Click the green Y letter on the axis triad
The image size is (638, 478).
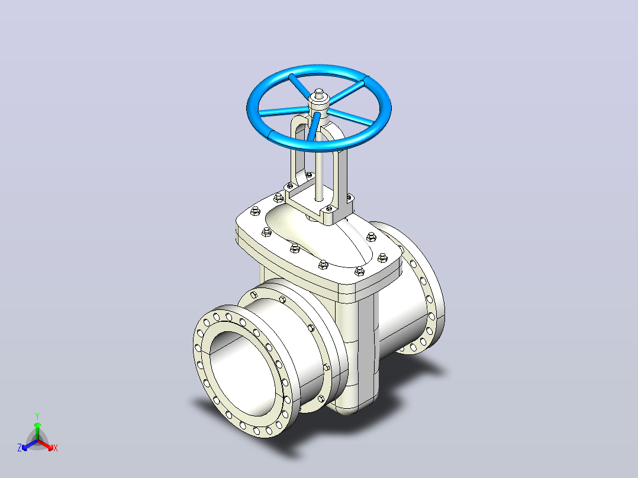(x=37, y=416)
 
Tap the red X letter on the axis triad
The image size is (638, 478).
(x=56, y=448)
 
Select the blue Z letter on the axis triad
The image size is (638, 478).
(x=19, y=448)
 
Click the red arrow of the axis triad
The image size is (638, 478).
(x=46, y=445)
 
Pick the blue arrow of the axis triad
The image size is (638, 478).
(x=30, y=445)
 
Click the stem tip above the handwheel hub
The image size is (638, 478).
(x=319, y=92)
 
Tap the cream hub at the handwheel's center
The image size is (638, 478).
(x=318, y=106)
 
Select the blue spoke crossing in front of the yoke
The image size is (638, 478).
(x=312, y=127)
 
